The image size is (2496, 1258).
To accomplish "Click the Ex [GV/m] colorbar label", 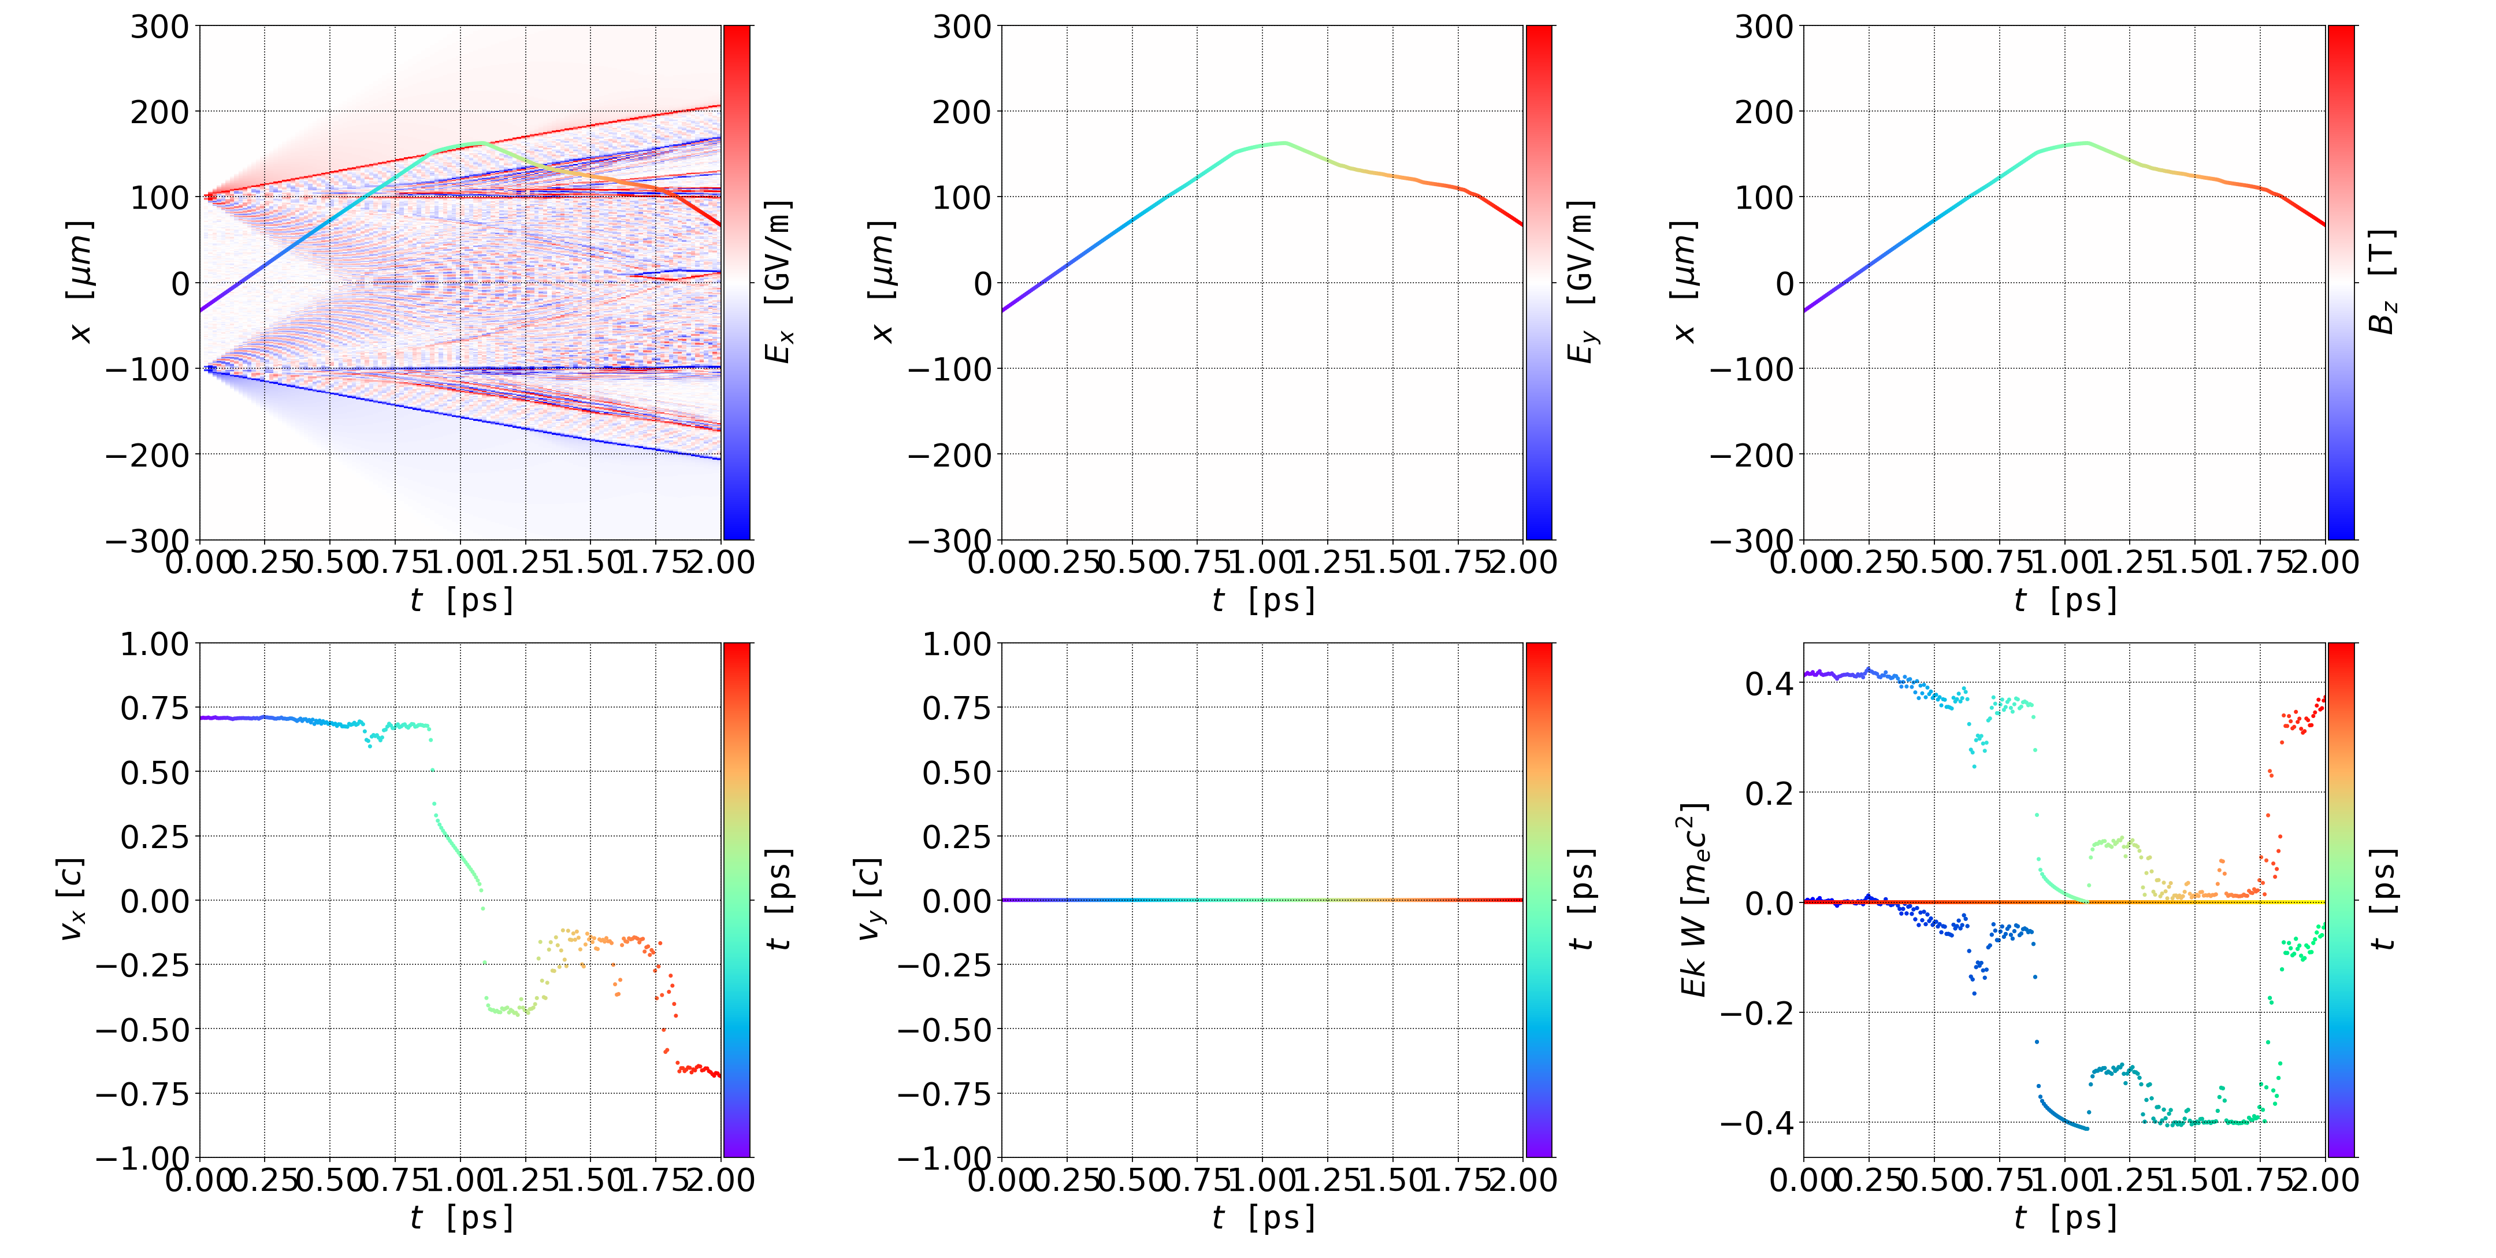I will point(778,282).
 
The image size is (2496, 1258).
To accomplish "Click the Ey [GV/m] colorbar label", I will point(1580,282).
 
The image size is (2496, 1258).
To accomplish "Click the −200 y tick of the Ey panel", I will point(949,454).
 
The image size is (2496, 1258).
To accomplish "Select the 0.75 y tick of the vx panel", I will point(154,708).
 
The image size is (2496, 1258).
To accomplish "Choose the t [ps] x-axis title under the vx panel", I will point(461,1218).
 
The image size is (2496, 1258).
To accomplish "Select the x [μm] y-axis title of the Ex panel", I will point(80,282).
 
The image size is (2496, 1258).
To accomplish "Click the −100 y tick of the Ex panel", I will point(147,369).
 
